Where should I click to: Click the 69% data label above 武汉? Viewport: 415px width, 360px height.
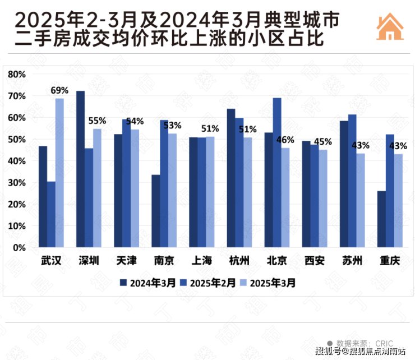[59, 90]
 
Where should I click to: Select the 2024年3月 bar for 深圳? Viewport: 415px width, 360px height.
[81, 169]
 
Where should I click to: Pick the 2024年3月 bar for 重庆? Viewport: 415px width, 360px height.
[381, 219]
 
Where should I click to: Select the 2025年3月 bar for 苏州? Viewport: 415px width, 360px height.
[360, 200]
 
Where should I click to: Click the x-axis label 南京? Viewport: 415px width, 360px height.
[164, 261]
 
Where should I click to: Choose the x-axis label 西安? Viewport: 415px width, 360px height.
[314, 261]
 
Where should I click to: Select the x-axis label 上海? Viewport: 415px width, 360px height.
[202, 261]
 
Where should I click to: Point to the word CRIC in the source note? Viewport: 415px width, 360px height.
[384, 343]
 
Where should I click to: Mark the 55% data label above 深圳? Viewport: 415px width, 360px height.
[98, 121]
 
